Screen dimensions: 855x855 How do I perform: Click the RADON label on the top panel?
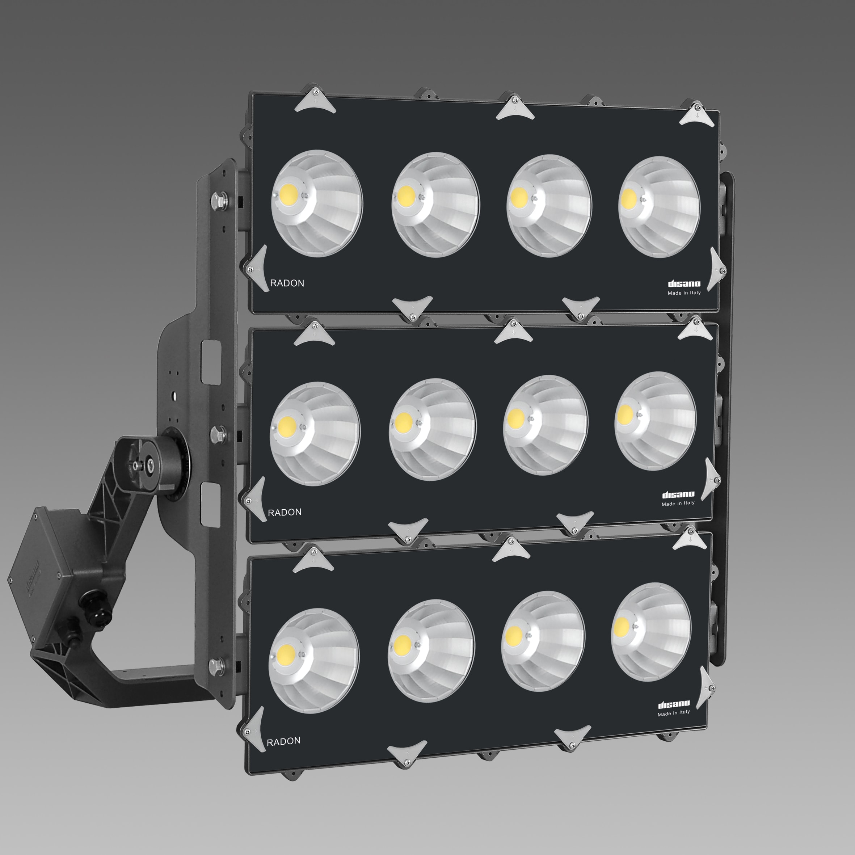287,283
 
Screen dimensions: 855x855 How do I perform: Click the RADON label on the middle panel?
285,512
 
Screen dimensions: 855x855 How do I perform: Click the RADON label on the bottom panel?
283,741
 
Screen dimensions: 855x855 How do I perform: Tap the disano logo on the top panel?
684,284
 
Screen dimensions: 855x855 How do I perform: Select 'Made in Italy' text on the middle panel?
678,503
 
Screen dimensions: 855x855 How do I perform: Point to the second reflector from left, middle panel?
432,429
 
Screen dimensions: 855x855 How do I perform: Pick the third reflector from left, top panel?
549,205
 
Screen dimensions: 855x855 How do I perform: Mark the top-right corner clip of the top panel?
696,115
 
